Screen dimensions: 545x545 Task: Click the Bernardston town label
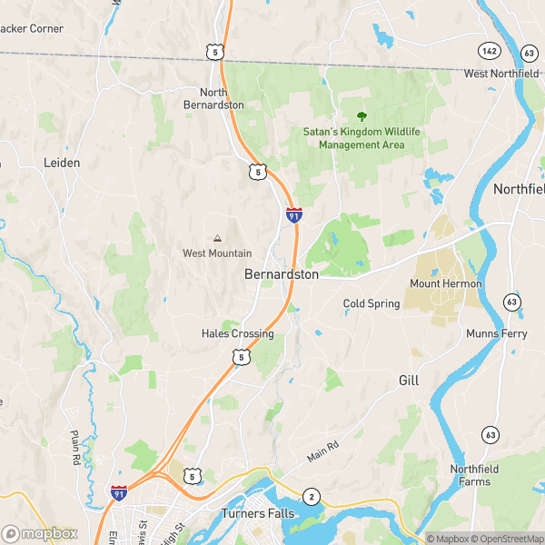pos(281,273)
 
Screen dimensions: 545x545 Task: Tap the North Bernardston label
pos(222,98)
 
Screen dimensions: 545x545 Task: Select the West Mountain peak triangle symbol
pos(217,238)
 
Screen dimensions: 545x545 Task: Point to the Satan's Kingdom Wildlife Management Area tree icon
pos(362,116)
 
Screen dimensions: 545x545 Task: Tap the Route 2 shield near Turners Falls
pos(312,496)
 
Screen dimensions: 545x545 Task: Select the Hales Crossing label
pos(237,333)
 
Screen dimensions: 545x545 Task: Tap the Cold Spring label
pos(371,303)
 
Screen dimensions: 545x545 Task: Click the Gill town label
pos(409,381)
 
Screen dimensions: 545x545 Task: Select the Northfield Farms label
pos(474,475)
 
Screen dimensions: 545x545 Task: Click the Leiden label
pos(62,163)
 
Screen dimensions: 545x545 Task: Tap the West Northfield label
pos(501,74)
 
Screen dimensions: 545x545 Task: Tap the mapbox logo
pos(40,534)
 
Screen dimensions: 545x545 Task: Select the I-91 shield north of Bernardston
pos(293,215)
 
